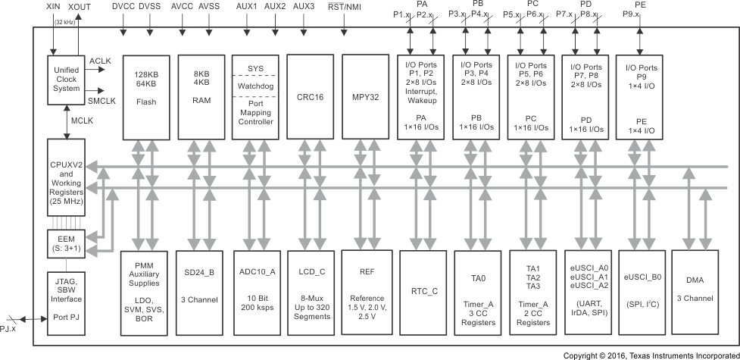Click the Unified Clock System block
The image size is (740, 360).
point(66,80)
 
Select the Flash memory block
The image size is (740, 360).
point(145,95)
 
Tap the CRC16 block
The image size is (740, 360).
point(309,95)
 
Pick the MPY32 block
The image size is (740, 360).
point(364,95)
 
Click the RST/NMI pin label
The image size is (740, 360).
point(345,6)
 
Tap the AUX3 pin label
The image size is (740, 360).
point(304,6)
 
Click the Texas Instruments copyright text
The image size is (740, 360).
point(651,355)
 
